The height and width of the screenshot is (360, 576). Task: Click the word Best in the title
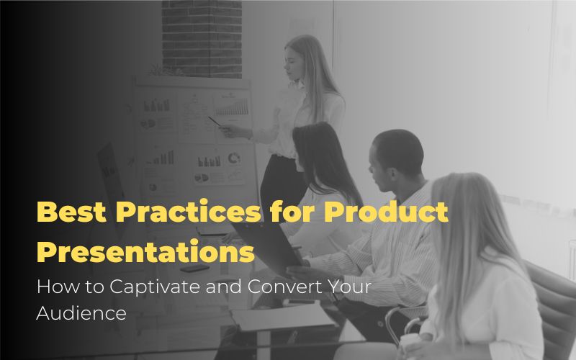(x=71, y=212)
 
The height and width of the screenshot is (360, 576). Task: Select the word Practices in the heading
(x=189, y=212)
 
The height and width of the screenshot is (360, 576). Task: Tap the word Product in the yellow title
(x=386, y=212)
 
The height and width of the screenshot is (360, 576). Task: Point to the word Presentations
(x=145, y=252)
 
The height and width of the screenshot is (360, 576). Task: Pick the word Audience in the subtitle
(x=81, y=313)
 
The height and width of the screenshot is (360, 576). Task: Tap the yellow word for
(x=292, y=212)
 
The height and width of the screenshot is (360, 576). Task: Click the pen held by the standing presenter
(x=215, y=122)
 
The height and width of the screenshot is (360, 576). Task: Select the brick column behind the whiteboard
(x=202, y=39)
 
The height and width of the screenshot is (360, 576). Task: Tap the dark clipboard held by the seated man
(x=268, y=244)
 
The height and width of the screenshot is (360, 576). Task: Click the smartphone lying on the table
(x=194, y=268)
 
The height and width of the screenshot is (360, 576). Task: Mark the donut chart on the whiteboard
(x=233, y=158)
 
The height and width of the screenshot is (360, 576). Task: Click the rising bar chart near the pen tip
(x=231, y=107)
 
